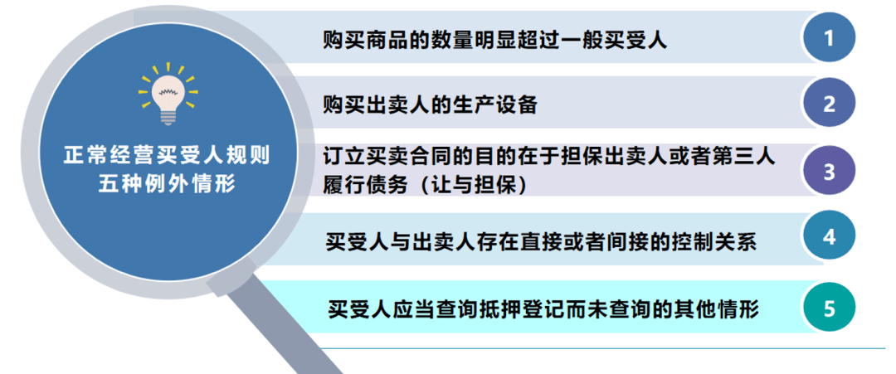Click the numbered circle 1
(829, 37)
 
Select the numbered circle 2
(829, 104)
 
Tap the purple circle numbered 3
(829, 172)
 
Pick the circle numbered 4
(829, 237)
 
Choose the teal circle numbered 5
(829, 308)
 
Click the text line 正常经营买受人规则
(168, 155)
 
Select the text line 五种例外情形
(168, 184)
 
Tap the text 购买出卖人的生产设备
(430, 104)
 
